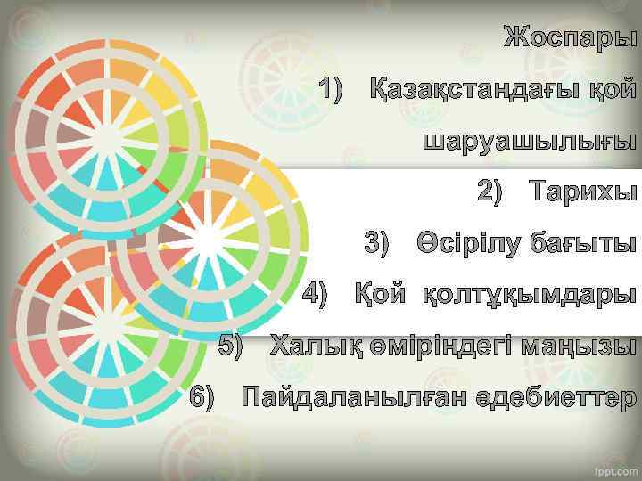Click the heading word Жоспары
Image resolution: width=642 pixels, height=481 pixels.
pos(570,40)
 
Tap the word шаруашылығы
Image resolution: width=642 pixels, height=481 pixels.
pos(530,142)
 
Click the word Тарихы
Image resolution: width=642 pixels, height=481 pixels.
pos(583,192)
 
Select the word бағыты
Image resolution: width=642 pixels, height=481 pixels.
pos(583,243)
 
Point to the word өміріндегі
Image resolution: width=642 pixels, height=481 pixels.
pos(446,345)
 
